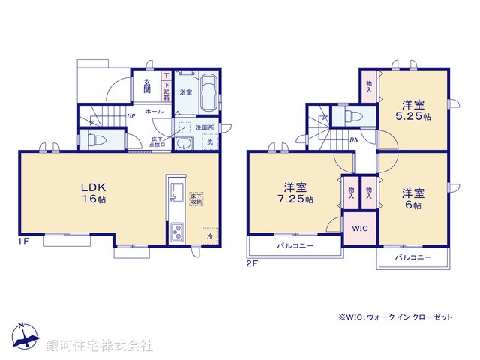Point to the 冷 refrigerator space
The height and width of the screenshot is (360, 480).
click(x=210, y=234)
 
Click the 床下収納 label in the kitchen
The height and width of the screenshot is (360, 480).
click(x=195, y=197)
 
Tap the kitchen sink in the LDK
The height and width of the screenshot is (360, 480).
click(x=175, y=192)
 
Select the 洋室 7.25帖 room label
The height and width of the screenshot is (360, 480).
click(x=298, y=193)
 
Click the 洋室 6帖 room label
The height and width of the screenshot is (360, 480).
click(x=414, y=197)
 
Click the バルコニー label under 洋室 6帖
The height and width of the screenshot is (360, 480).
click(x=414, y=257)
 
